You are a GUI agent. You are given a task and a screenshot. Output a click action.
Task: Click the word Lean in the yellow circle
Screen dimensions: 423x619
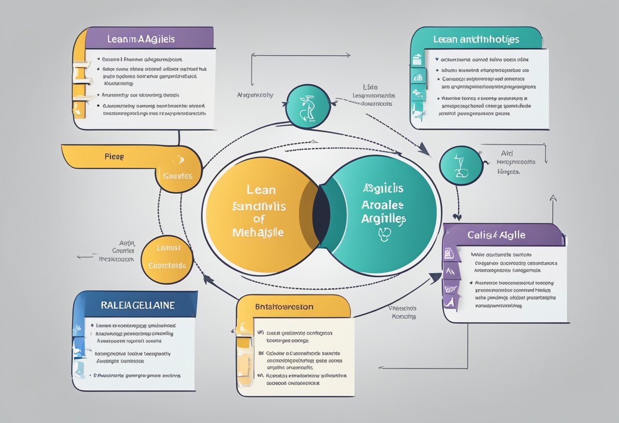pyautogui.click(x=261, y=190)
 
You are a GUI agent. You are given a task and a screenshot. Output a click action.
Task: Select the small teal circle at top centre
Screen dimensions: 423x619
pyautogui.click(x=306, y=106)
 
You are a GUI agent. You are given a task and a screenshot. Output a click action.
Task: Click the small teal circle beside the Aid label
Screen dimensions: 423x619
pyautogui.click(x=461, y=165)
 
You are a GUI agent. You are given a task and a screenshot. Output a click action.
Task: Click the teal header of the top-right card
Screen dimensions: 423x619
pyautogui.click(x=475, y=39)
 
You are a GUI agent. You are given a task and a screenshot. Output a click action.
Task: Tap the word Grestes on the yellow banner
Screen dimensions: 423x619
pyautogui.click(x=178, y=176)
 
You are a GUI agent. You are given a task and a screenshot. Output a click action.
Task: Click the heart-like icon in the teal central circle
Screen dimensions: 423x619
pyautogui.click(x=384, y=233)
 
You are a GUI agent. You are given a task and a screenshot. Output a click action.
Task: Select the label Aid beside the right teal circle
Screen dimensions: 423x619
pyautogui.click(x=506, y=152)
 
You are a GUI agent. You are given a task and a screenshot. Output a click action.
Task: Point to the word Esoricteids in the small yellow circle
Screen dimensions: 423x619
pyautogui.click(x=167, y=265)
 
